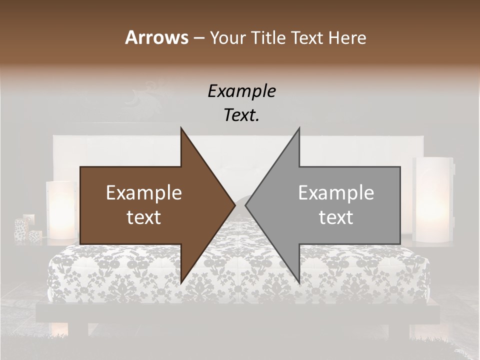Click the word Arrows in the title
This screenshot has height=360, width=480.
156,37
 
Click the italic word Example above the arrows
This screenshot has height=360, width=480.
241,91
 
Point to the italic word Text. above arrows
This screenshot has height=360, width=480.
241,115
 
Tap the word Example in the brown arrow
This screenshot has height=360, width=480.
144,193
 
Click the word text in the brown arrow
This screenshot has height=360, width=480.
144,217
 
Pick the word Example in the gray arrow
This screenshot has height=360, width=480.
336,193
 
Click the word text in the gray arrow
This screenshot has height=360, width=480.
336,217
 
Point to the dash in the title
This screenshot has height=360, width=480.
198,38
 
